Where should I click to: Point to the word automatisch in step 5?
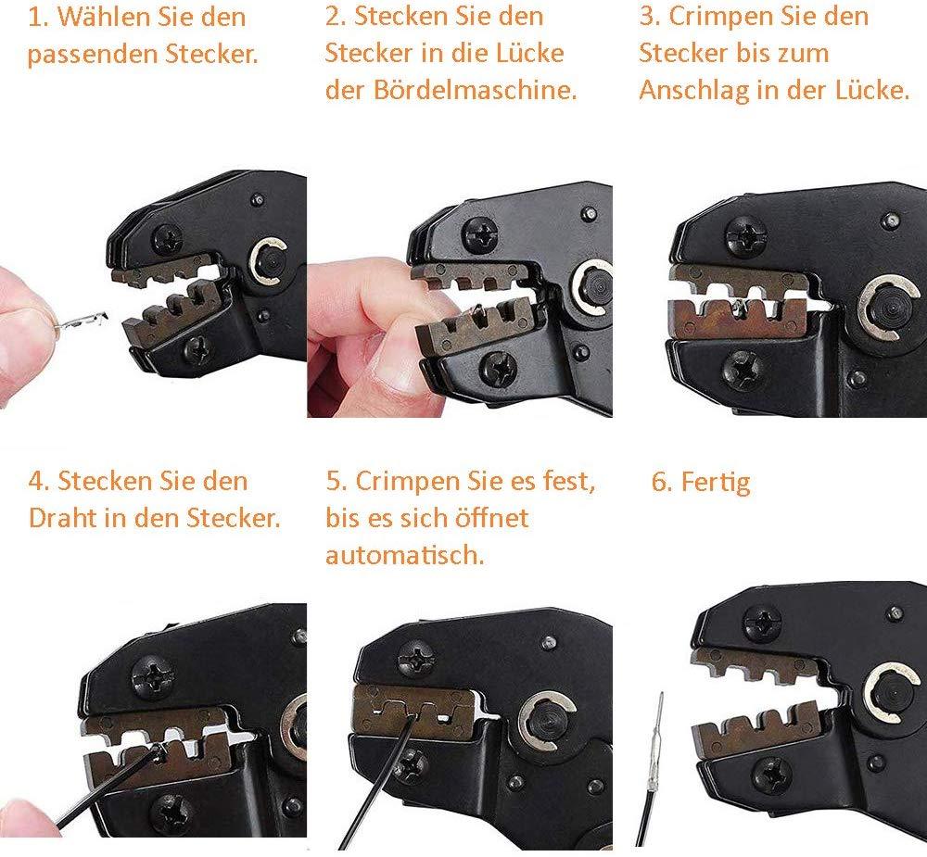[405, 555]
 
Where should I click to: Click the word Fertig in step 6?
[716, 483]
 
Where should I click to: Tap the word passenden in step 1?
[92, 56]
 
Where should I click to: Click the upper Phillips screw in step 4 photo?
[153, 677]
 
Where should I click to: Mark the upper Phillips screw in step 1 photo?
[168, 238]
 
